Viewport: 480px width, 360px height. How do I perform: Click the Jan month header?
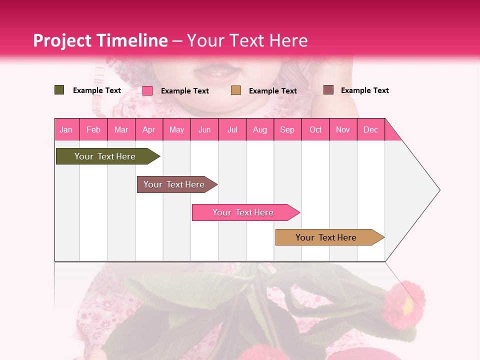point(66,129)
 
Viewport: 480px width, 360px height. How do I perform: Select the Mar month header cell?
point(121,129)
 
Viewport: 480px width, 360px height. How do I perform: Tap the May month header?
point(176,129)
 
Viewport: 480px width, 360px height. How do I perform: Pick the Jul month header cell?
point(232,129)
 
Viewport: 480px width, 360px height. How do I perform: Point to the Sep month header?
point(287,129)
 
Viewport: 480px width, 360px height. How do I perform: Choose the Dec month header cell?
point(370,129)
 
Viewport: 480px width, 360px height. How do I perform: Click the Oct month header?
point(315,129)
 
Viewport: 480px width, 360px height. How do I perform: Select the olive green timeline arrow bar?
point(105,156)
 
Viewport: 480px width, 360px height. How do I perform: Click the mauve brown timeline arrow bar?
point(174,184)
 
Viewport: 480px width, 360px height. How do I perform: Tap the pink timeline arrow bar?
point(243,212)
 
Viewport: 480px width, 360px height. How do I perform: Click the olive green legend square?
point(59,90)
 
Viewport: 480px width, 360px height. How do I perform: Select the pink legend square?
point(147,90)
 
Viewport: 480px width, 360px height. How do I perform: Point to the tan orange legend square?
point(236,90)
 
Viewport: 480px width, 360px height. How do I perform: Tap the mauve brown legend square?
point(328,90)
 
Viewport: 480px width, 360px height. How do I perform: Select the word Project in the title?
point(63,40)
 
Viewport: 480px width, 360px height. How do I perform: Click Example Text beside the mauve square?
point(364,90)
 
